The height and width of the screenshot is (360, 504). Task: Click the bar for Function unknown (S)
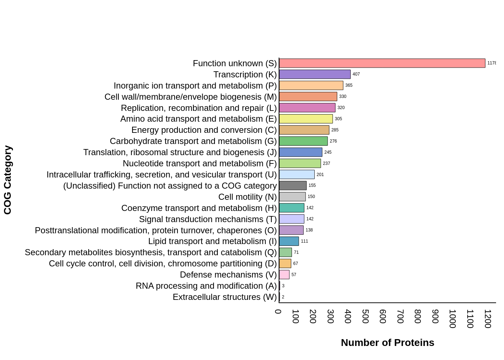[x=382, y=63]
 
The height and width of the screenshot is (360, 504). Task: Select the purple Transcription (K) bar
[x=315, y=75]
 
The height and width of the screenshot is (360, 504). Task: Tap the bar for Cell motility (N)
[x=292, y=197]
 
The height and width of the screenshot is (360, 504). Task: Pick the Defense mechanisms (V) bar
[x=284, y=275]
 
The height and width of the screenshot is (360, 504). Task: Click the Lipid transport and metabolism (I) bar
[x=289, y=241]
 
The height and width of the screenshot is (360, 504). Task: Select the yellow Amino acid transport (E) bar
[x=306, y=119]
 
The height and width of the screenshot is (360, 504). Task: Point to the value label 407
[x=356, y=74]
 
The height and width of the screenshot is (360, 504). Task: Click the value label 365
[x=349, y=85]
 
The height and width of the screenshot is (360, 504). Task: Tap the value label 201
[x=320, y=175]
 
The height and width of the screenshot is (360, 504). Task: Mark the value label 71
[x=296, y=252]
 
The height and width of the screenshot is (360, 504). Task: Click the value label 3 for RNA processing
[x=283, y=286]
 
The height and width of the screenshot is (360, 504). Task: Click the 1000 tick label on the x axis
[x=453, y=319]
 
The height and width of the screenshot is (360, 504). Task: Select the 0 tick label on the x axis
[x=278, y=312]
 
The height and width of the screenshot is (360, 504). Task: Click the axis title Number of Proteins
[x=387, y=343]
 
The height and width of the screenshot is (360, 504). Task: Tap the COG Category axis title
[x=8, y=180]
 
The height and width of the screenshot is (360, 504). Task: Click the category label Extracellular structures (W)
[x=225, y=297]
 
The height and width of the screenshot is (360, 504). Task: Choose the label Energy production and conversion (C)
[x=204, y=130]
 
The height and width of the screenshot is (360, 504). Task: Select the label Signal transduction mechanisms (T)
[x=208, y=219]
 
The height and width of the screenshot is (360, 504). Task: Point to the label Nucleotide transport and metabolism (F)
[x=199, y=163]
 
